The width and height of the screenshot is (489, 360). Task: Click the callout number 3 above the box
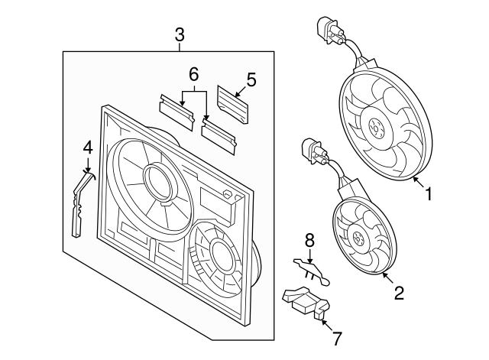click(180, 35)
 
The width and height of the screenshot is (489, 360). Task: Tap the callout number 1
click(429, 193)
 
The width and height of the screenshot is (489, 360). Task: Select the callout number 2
click(399, 293)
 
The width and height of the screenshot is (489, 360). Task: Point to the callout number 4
click(88, 148)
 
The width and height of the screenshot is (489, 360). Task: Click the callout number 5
click(251, 79)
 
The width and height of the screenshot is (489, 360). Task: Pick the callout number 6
click(193, 75)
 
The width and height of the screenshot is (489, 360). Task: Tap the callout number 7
click(337, 339)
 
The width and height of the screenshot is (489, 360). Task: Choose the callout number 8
click(309, 241)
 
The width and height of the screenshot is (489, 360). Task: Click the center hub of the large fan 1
click(375, 128)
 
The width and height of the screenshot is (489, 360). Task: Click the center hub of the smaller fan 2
click(357, 238)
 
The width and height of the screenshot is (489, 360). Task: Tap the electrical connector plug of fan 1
click(330, 31)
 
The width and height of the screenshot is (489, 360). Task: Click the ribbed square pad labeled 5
click(232, 104)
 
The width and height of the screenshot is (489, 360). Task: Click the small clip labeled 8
click(312, 271)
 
